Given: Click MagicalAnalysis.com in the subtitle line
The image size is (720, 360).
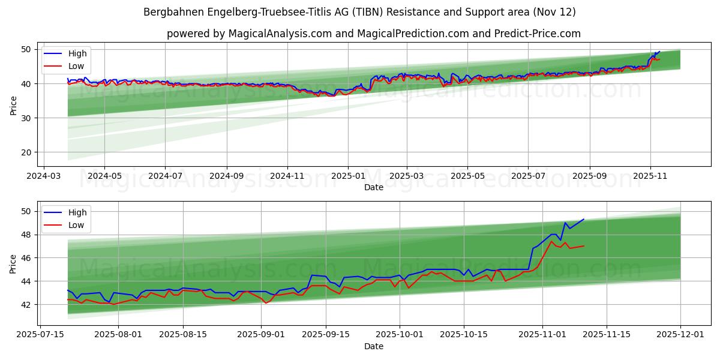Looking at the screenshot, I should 280,34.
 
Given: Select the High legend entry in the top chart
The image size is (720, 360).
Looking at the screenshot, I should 77,53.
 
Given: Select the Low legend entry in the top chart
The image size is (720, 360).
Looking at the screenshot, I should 76,66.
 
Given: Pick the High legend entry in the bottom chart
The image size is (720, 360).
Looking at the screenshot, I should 77,212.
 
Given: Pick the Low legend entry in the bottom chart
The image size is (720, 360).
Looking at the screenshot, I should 76,225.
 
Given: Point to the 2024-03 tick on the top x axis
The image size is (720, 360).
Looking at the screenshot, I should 43,177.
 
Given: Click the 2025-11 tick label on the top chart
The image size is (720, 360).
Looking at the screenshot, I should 650,177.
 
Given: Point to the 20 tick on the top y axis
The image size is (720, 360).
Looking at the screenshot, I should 26,152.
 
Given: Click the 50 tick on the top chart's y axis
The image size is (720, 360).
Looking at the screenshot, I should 26,49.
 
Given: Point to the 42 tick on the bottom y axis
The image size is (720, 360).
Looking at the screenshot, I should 26,305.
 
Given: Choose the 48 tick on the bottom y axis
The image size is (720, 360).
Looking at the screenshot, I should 26,235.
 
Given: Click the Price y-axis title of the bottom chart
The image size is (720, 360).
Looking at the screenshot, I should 13,263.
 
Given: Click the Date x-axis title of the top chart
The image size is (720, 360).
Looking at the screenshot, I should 373,187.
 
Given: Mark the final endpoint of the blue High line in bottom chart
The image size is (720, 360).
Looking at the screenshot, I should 583,219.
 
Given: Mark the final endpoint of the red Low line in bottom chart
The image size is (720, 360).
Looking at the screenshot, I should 583,246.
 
